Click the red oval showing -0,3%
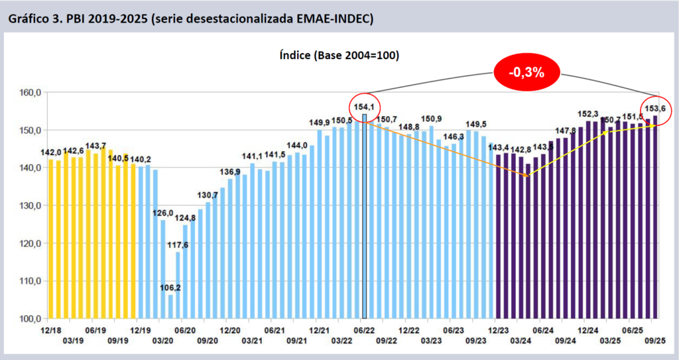pyautogui.click(x=527, y=72)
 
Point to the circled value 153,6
pyautogui.click(x=656, y=108)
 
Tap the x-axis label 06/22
pyautogui.click(x=364, y=330)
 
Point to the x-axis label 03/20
pyautogui.click(x=163, y=340)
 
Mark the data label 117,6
pyautogui.click(x=176, y=245)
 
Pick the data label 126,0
pyautogui.click(x=163, y=213)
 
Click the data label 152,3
pyautogui.click(x=588, y=114)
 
